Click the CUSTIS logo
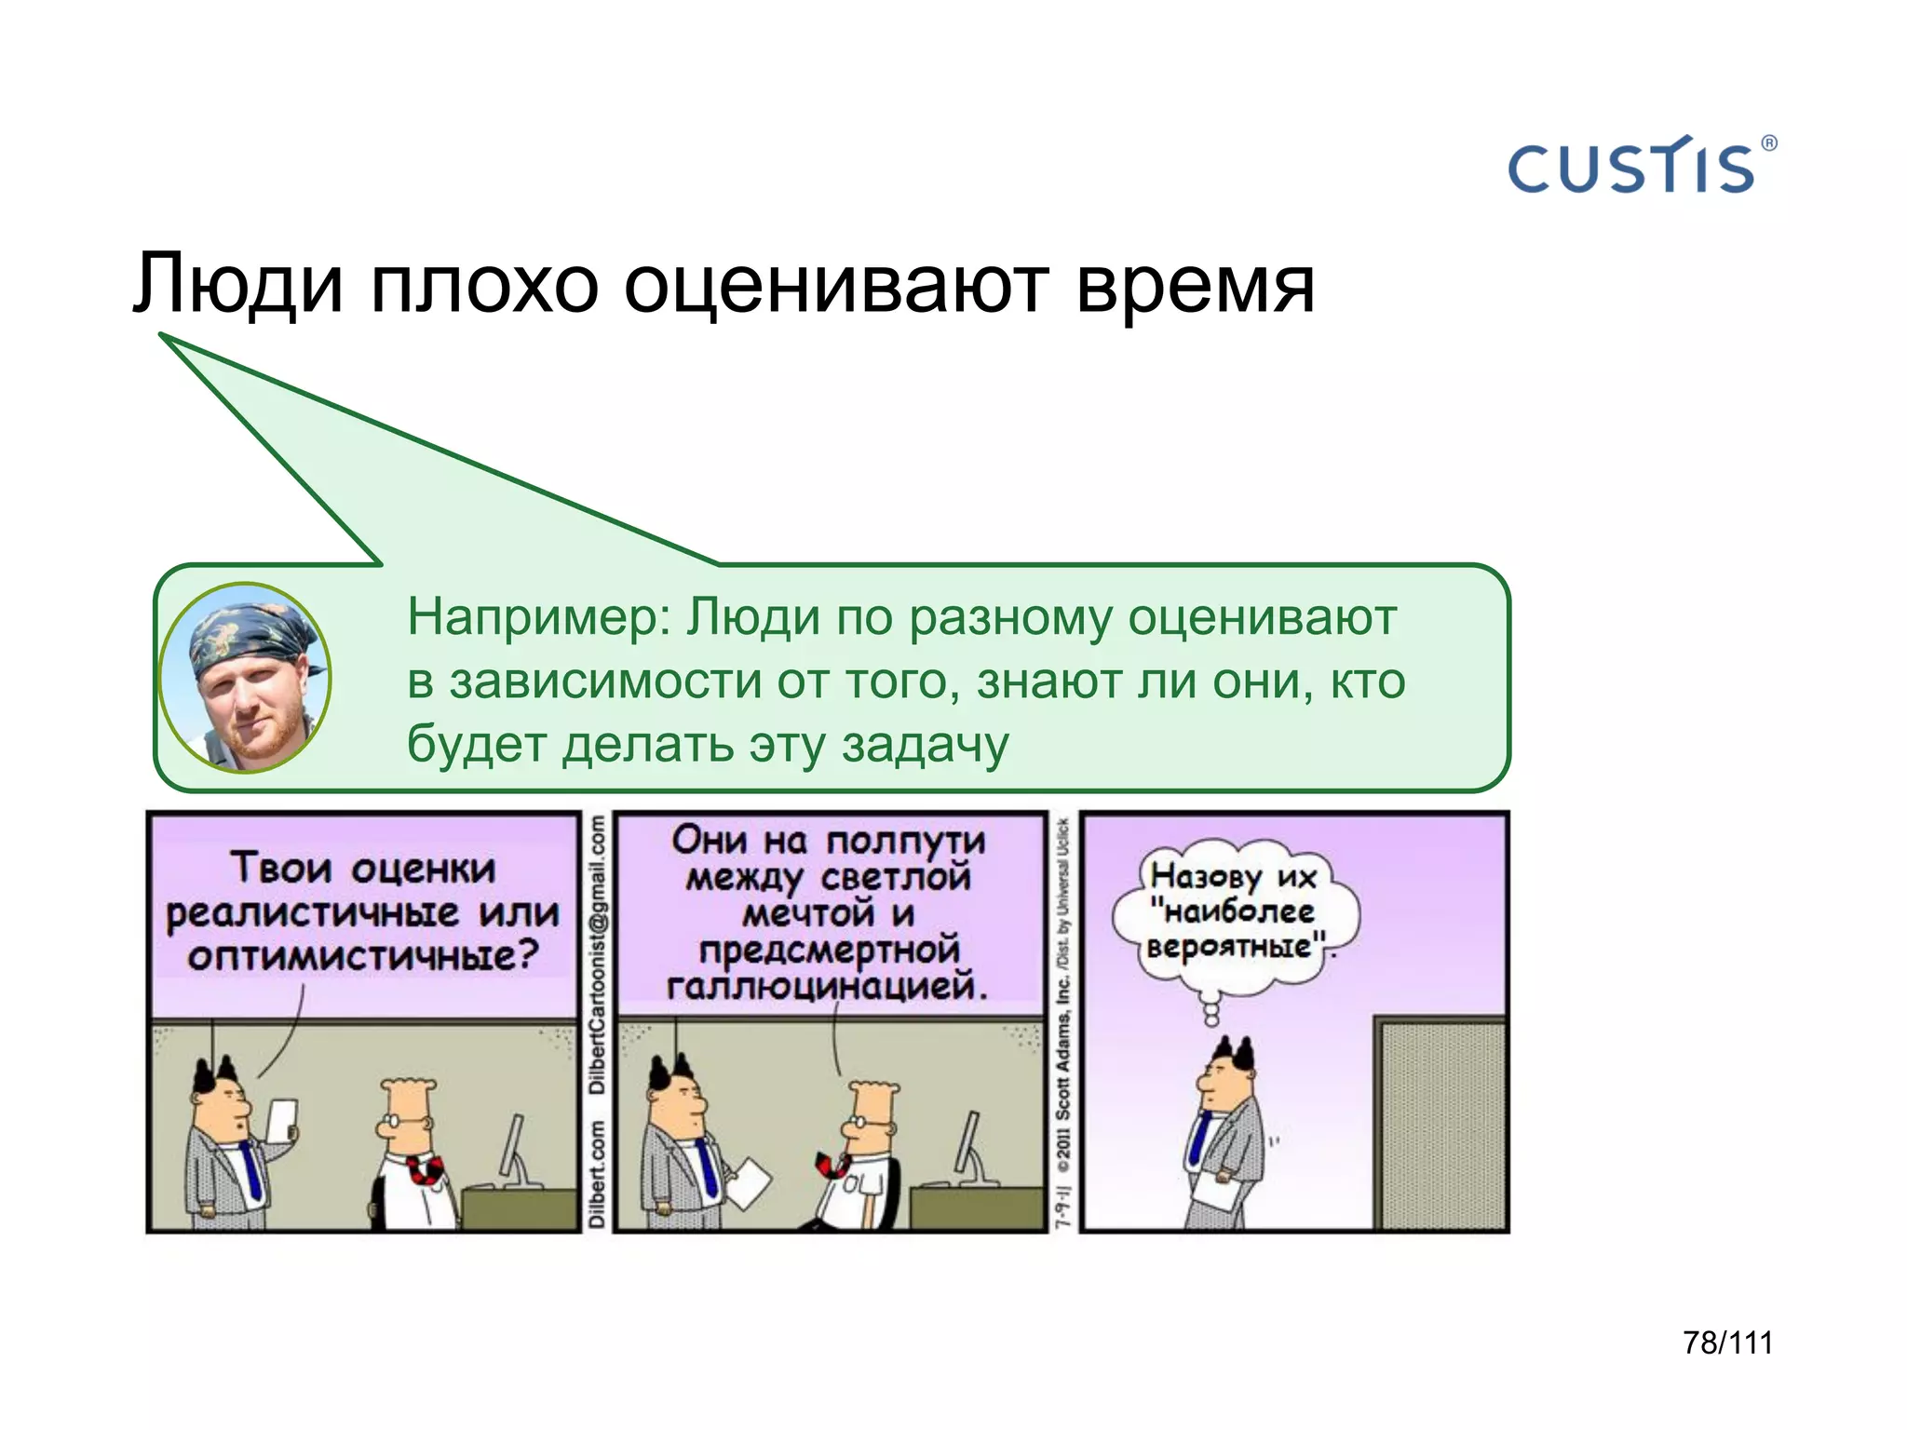1631,168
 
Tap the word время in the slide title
1195,284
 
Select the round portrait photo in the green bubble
245,678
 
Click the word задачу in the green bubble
925,745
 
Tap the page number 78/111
1727,1342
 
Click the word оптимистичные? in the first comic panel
363,956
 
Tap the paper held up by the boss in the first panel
282,1120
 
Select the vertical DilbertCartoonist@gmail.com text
598,954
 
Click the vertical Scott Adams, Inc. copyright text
1063,1052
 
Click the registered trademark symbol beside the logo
1769,143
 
